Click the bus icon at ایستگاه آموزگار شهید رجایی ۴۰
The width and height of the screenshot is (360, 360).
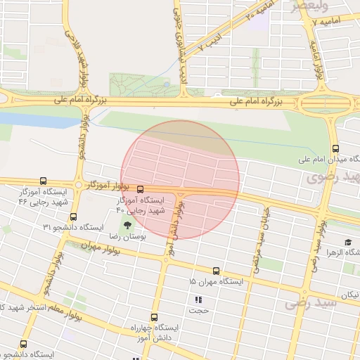[x=140, y=189]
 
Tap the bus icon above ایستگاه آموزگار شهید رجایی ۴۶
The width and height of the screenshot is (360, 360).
[x=44, y=181]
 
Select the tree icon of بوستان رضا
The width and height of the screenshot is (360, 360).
[x=127, y=225]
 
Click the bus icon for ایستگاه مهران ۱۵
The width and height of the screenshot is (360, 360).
[x=215, y=270]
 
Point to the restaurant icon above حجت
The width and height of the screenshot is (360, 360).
[x=198, y=300]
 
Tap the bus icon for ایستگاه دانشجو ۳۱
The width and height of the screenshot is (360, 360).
[x=74, y=217]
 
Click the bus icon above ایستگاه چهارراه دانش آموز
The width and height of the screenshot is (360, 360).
[x=155, y=317]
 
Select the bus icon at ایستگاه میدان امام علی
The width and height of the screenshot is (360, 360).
[x=335, y=148]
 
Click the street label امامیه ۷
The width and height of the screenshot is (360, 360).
[x=332, y=22]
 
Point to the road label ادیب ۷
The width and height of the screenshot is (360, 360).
[x=210, y=43]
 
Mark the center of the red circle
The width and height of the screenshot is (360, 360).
[x=180, y=179]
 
